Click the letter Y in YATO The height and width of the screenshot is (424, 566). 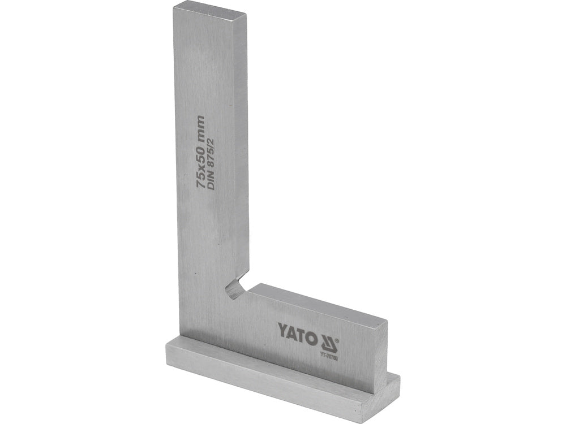(x=281, y=328)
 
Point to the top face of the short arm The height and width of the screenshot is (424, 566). (x=317, y=301)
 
